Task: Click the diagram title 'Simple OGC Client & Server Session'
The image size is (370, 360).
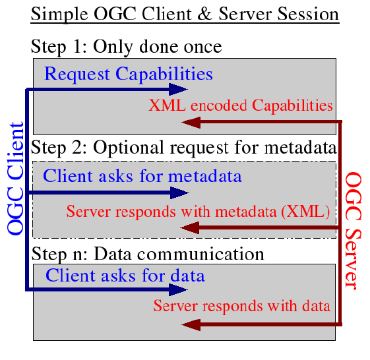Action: (x=185, y=15)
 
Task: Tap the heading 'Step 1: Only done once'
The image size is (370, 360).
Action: (x=126, y=47)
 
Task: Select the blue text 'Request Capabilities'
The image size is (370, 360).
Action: (x=129, y=74)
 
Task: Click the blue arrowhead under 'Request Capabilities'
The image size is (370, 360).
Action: (x=178, y=90)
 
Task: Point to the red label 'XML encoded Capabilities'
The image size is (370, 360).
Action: (x=241, y=105)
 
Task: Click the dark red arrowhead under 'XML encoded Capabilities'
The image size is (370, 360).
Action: (x=191, y=122)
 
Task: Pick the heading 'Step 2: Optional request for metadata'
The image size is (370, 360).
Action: (x=183, y=148)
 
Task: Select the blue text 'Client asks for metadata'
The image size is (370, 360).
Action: (x=142, y=176)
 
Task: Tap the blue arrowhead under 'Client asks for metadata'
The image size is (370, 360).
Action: (x=179, y=193)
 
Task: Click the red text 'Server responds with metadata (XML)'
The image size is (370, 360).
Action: (x=198, y=212)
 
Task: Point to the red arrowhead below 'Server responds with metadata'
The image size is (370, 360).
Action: (x=190, y=227)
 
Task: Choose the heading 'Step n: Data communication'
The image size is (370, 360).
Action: (x=148, y=255)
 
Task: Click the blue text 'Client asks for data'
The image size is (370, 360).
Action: (x=125, y=276)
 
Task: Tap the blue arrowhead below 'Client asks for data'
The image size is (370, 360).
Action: (x=178, y=289)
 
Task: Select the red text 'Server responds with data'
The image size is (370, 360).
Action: (x=242, y=306)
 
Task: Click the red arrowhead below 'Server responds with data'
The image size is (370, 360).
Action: (x=191, y=325)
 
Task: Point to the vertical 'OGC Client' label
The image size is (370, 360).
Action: (x=15, y=179)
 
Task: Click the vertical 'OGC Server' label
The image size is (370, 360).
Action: (x=354, y=231)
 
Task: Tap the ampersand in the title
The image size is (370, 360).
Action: (x=205, y=14)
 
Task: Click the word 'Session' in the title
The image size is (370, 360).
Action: (x=308, y=14)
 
